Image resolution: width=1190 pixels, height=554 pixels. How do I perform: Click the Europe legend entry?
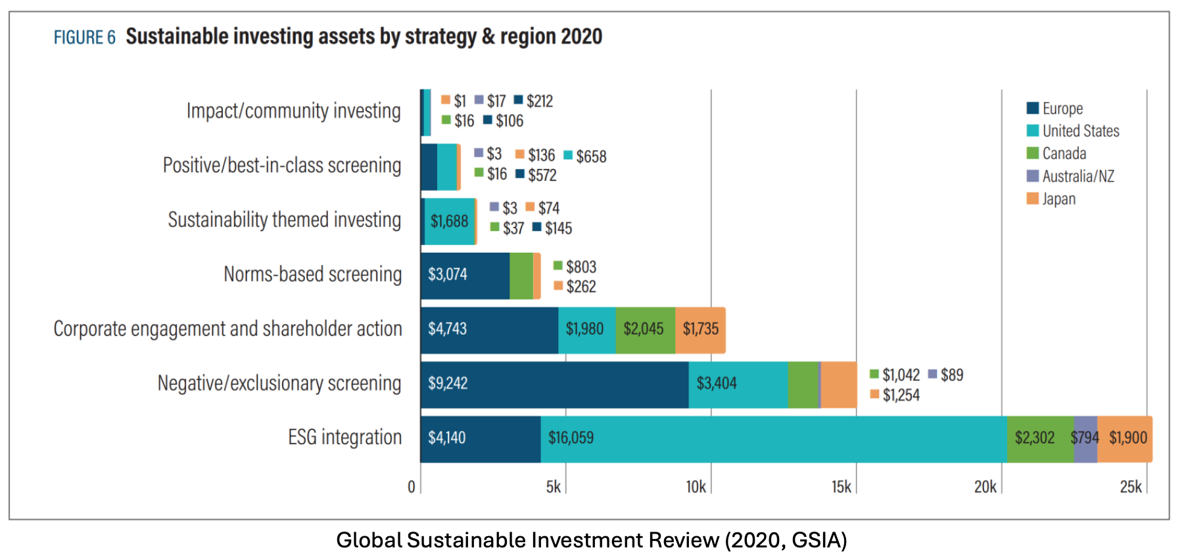point(1061,109)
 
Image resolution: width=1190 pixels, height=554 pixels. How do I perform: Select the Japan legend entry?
point(1058,199)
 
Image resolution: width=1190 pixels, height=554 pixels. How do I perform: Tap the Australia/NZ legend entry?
point(1077,176)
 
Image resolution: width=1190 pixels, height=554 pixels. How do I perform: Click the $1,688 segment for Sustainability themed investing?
point(450,222)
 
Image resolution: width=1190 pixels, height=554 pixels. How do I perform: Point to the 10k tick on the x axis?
point(696,487)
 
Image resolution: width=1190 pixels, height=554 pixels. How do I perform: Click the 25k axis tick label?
point(1131,487)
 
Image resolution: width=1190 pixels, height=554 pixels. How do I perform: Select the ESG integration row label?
point(345,438)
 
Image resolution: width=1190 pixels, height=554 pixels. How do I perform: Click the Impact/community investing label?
point(293,111)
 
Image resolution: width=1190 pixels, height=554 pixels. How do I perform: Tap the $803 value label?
point(581,267)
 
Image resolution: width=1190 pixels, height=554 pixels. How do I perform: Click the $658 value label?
point(591,157)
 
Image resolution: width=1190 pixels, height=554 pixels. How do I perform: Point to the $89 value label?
point(951,375)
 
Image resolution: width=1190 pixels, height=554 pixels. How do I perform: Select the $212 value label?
point(539,101)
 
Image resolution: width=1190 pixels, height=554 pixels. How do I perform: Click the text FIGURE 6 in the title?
point(84,38)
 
